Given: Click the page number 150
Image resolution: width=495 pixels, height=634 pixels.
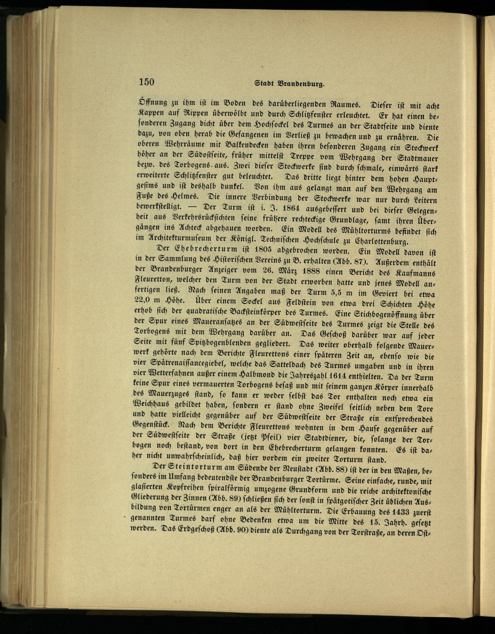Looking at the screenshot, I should [146, 82].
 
